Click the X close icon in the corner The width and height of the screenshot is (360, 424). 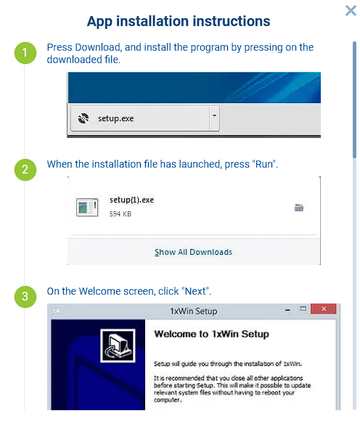(351, 10)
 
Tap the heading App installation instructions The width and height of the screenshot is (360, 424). (179, 22)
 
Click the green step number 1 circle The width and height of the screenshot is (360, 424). (25, 52)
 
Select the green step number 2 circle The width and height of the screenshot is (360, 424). (25, 170)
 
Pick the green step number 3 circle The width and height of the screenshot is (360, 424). (25, 296)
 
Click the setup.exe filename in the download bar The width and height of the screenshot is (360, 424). (116, 118)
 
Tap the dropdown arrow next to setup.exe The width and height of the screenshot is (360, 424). (213, 116)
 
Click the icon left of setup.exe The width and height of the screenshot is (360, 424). (83, 118)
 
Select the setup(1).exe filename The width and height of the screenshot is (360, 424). (131, 200)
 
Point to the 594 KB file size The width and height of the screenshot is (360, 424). (120, 214)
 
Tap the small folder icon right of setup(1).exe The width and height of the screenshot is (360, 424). (298, 208)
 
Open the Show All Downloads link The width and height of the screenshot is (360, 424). (193, 252)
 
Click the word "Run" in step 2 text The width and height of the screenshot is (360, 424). (264, 164)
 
